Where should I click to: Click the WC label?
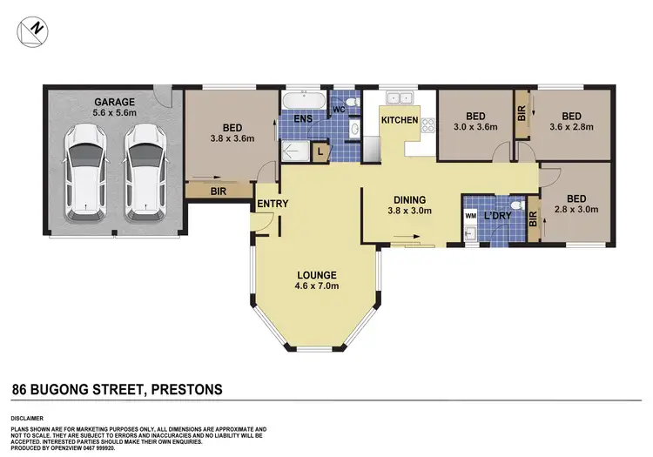pos(340,111)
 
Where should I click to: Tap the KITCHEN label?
pos(399,119)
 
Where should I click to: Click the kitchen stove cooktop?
pos(427,127)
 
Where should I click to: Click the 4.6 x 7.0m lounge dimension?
pos(316,286)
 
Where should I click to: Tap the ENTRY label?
pos(273,205)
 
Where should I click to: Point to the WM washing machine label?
pos(471,214)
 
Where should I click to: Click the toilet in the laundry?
pos(520,206)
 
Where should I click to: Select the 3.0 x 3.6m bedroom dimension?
pos(475,127)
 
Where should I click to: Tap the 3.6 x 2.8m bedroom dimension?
pos(570,127)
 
